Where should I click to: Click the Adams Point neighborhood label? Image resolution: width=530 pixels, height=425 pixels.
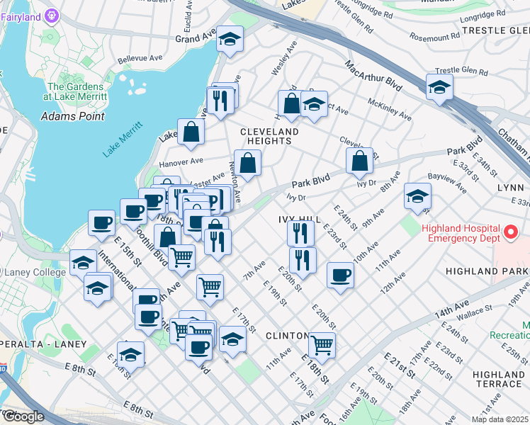point(73,116)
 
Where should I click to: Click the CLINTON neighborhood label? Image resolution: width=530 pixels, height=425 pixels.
point(287,335)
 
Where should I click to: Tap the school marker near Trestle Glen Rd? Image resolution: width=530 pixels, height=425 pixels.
point(439,88)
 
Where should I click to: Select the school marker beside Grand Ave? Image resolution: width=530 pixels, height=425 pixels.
point(230,40)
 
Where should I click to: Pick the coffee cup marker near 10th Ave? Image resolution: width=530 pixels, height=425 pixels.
point(341,275)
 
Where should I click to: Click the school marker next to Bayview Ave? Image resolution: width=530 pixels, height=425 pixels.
point(417,195)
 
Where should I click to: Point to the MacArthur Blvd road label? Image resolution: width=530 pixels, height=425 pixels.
point(373,76)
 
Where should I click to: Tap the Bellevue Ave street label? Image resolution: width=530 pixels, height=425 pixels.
point(135,60)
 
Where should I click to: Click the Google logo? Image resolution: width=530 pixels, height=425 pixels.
point(23,416)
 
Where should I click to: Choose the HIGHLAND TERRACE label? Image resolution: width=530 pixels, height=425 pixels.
point(499,379)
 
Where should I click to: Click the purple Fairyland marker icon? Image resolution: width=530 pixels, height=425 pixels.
point(52,15)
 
